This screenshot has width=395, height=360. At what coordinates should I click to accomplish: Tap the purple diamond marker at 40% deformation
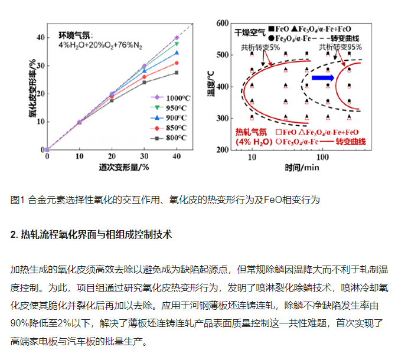(x=177, y=38)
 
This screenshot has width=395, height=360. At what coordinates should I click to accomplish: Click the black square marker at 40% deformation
(x=177, y=73)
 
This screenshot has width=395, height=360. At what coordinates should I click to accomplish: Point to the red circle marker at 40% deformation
(x=177, y=63)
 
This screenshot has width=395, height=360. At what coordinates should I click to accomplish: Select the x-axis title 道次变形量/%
(x=112, y=167)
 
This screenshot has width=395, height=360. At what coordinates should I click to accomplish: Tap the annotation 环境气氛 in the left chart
(x=76, y=35)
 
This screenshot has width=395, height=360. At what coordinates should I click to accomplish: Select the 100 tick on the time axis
(x=322, y=158)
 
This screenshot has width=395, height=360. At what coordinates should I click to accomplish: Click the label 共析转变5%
(x=260, y=48)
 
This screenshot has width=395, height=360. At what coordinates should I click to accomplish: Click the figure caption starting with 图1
(x=165, y=199)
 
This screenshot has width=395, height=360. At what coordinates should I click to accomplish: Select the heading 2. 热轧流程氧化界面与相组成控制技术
(x=92, y=234)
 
